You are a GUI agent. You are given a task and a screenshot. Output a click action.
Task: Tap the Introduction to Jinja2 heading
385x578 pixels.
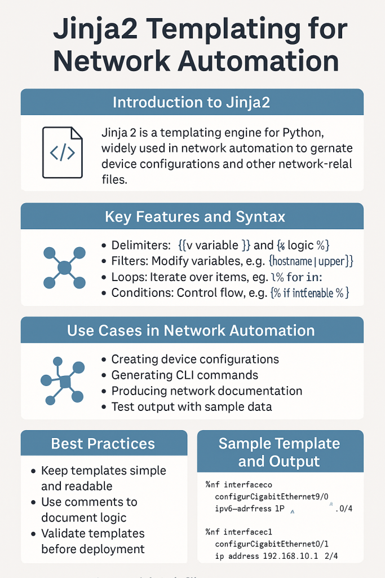coord(192,102)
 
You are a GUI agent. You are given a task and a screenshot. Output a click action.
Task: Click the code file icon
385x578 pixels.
coord(62,152)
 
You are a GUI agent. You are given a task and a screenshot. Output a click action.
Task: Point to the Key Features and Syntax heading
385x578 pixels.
coord(192,216)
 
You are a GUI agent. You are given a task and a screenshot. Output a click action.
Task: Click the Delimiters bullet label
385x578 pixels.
coord(140,246)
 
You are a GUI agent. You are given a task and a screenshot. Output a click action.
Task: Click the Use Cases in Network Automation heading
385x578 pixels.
coord(192,330)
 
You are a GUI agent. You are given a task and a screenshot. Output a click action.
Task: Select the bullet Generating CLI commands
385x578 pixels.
coord(184,375)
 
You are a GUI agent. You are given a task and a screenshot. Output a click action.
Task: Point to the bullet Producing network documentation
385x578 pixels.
coord(206,391)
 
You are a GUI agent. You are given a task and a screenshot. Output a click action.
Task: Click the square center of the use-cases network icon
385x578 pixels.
coord(64,382)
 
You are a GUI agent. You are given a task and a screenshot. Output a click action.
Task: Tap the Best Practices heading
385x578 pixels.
coord(103,444)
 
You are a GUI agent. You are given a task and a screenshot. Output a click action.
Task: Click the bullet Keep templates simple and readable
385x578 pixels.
coord(103,478)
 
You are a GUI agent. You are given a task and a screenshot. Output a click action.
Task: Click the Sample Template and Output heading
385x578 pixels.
coord(280,452)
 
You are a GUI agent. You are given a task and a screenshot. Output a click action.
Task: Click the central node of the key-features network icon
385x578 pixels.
coord(64,268)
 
